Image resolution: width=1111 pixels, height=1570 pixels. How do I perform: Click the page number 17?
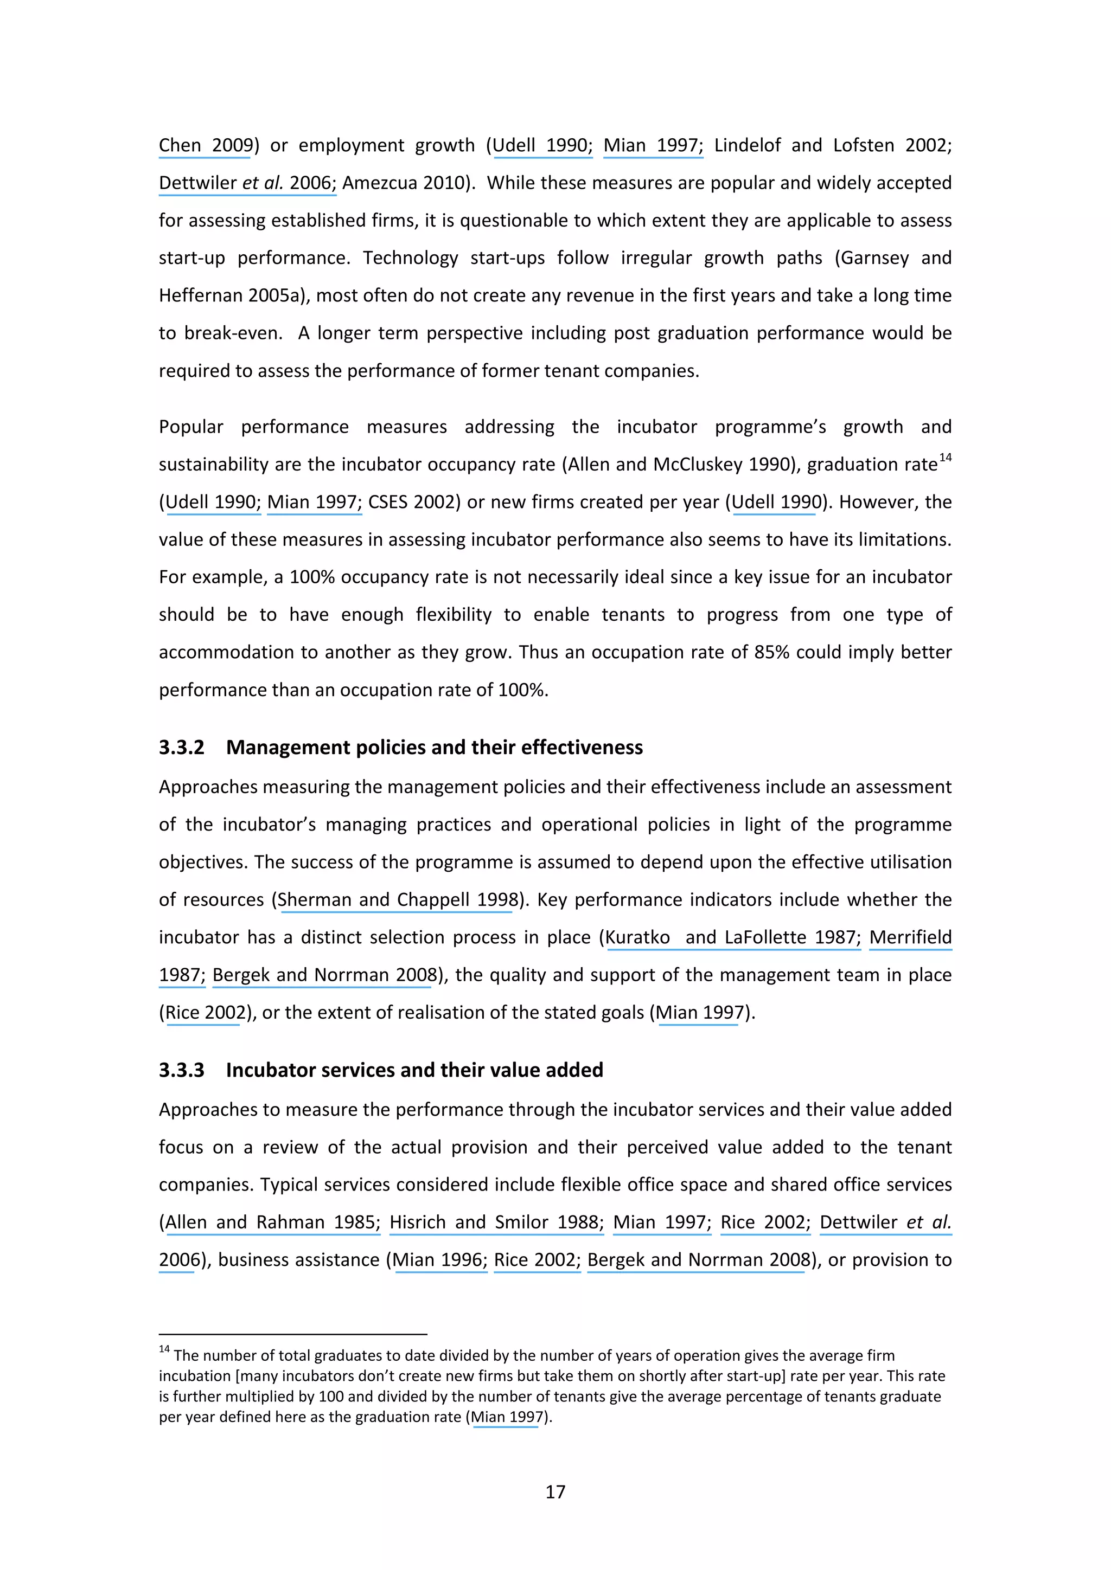(x=555, y=1491)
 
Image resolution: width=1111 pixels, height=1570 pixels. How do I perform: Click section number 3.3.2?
(x=181, y=748)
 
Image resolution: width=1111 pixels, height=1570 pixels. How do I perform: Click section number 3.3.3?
(x=181, y=1070)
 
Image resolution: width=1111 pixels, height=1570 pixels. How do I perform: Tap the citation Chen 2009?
(x=205, y=146)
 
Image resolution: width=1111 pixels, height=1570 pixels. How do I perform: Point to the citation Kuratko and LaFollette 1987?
(x=731, y=937)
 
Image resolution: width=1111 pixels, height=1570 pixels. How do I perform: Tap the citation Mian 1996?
(x=438, y=1260)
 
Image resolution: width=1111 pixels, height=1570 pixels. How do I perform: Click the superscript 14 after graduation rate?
(x=946, y=458)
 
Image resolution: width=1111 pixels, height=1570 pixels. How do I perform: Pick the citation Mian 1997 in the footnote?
(x=507, y=1418)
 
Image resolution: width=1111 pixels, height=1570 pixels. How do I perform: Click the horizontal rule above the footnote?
(x=293, y=1334)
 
